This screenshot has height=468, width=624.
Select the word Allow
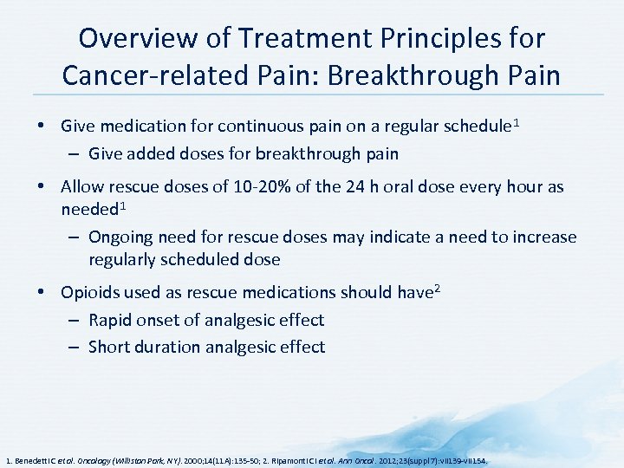(82, 187)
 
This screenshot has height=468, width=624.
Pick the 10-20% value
(263, 187)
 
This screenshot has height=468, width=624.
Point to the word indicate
(402, 237)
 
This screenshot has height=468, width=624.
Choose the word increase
(540, 237)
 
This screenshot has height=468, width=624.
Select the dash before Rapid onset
(75, 320)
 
